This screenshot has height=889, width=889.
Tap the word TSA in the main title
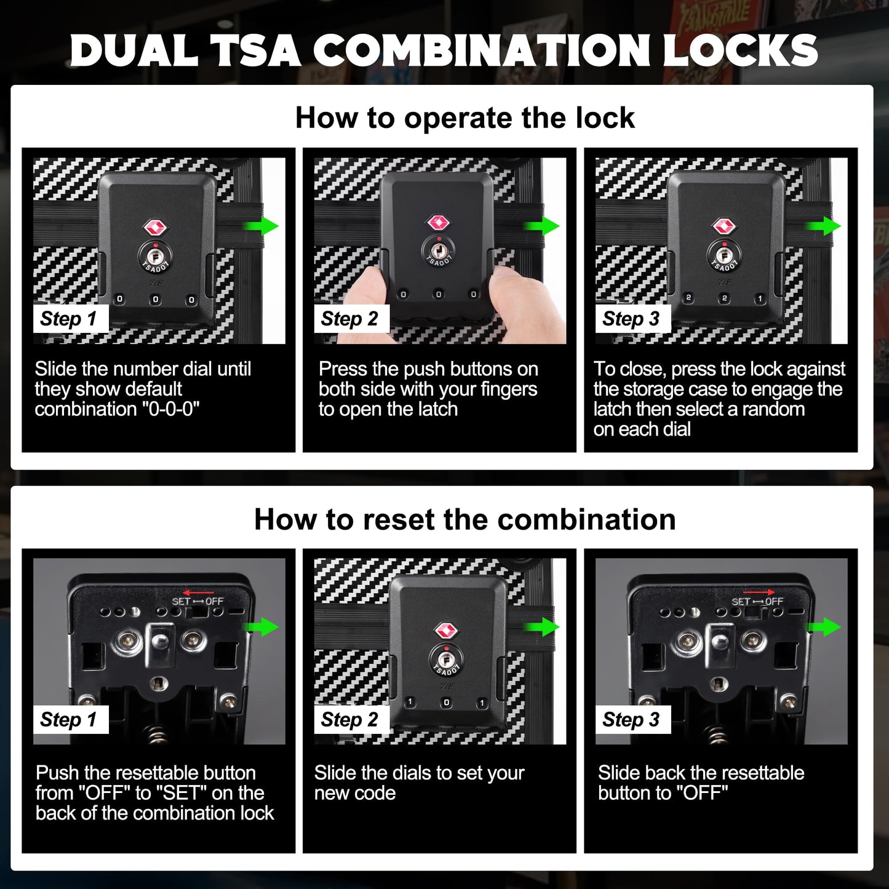coord(256,50)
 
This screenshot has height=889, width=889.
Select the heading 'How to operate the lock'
coord(464,118)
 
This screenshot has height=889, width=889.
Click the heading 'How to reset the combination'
coord(464,519)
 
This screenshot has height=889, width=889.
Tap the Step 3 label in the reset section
coord(631,719)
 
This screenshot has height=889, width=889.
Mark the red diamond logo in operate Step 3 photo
coord(724,226)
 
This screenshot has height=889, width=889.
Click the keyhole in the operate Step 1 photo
coord(155,254)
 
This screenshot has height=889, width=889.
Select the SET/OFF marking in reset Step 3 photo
coord(757,601)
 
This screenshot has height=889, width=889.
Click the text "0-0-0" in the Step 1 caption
coord(174,409)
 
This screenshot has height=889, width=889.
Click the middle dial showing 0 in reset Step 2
coord(446,702)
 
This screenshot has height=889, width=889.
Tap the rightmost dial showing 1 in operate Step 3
coord(760,298)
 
